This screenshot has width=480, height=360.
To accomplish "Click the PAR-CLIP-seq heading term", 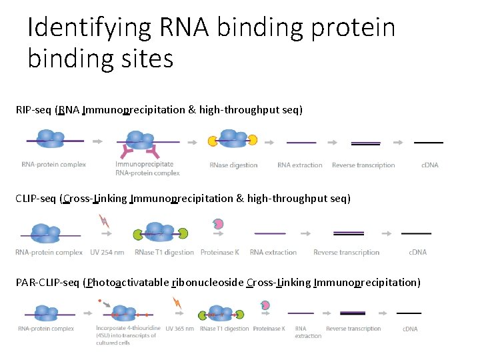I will pyautogui.click(x=47, y=282).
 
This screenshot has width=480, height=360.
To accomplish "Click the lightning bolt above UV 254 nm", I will pyautogui.click(x=104, y=221).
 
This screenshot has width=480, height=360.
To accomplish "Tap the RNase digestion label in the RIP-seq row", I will pyautogui.click(x=233, y=165).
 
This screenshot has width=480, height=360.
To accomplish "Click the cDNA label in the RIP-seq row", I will pyautogui.click(x=430, y=165).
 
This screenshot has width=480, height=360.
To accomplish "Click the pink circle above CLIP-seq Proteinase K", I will pyautogui.click(x=218, y=224).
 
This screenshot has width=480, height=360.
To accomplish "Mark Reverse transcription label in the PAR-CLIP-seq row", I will pyautogui.click(x=353, y=328).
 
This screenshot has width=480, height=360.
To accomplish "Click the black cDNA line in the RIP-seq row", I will pyautogui.click(x=428, y=142).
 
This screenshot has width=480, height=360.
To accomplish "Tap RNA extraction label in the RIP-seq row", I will pyautogui.click(x=300, y=165).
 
